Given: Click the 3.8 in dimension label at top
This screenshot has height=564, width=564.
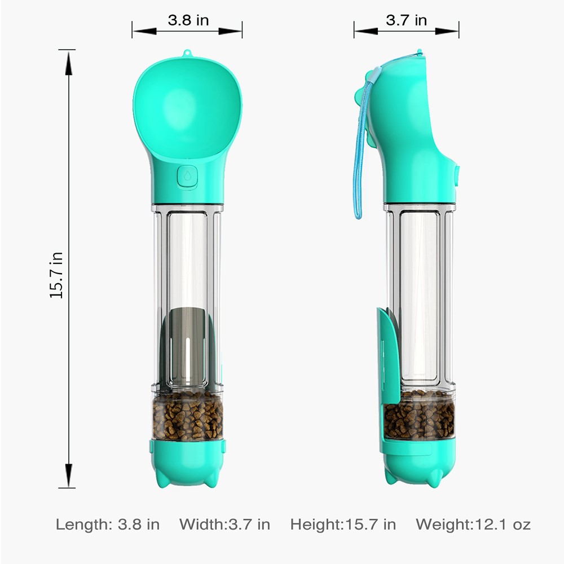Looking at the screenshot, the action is click(188, 20).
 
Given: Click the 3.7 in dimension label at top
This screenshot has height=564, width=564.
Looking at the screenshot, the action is click(407, 20).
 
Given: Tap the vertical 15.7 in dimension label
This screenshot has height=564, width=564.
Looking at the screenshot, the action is click(56, 275).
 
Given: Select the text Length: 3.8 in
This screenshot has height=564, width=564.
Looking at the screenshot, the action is click(108, 525).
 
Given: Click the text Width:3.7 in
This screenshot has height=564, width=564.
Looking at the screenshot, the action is click(225, 525).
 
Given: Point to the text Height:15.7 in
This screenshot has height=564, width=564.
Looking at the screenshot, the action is click(343, 525).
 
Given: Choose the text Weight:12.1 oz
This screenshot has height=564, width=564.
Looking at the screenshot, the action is click(473, 525).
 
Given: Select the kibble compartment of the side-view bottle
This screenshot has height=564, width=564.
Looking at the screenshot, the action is click(419, 417).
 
